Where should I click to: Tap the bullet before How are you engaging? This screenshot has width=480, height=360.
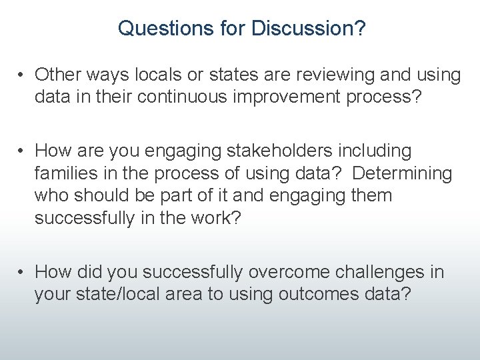[x=22, y=151]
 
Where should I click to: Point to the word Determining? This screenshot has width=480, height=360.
[x=402, y=173]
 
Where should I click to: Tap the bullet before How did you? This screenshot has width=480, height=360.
[x=22, y=272]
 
